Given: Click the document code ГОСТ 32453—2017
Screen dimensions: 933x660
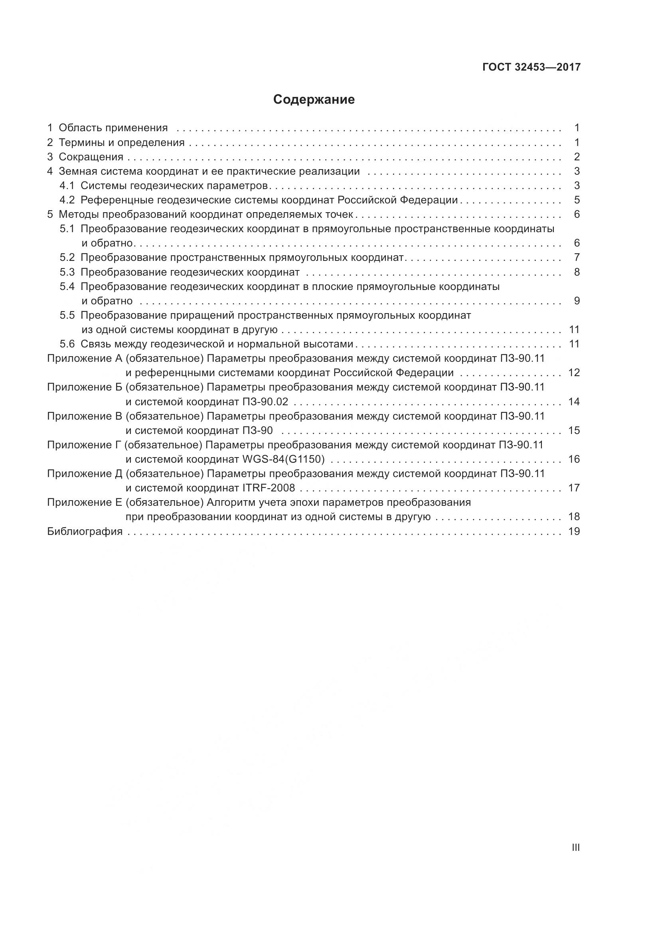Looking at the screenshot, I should (x=532, y=67).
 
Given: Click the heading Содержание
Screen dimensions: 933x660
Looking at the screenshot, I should (x=314, y=100).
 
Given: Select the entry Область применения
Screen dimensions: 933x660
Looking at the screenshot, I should (x=113, y=128).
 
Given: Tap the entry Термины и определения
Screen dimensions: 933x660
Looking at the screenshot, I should (x=122, y=143).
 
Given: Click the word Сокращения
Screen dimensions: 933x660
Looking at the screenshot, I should (x=91, y=157).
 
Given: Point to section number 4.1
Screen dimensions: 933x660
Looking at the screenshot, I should (x=67, y=186).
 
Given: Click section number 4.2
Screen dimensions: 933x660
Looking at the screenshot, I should (x=67, y=200).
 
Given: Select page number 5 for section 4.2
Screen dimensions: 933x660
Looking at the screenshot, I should (x=577, y=200).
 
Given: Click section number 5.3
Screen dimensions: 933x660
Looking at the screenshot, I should (x=67, y=272).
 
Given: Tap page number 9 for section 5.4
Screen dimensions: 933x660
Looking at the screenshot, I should (x=577, y=301).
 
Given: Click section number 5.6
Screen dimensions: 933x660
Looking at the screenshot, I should (x=67, y=344).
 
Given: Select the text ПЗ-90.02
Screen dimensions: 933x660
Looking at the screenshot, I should (x=265, y=402).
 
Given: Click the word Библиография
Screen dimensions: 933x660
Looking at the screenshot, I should (x=85, y=531).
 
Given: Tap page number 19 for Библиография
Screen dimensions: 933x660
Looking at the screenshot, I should (x=574, y=531).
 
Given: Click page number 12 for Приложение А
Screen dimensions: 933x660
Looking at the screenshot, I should (x=574, y=373).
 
